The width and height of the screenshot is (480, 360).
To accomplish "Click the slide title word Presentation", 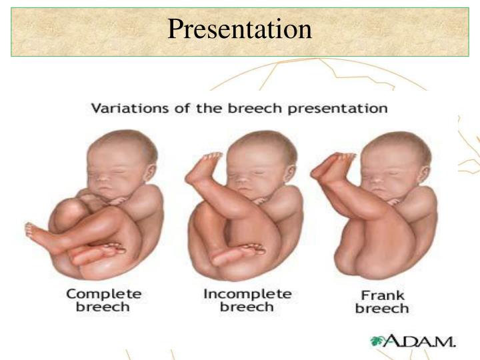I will click(x=239, y=29).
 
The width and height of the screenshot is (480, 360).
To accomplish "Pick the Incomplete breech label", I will click(x=247, y=300).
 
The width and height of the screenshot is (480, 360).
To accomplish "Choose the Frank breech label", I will click(x=381, y=302).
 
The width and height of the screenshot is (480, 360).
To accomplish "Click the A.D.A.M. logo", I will click(x=413, y=342).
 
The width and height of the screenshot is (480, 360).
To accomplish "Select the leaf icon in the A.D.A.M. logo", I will click(x=379, y=341).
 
